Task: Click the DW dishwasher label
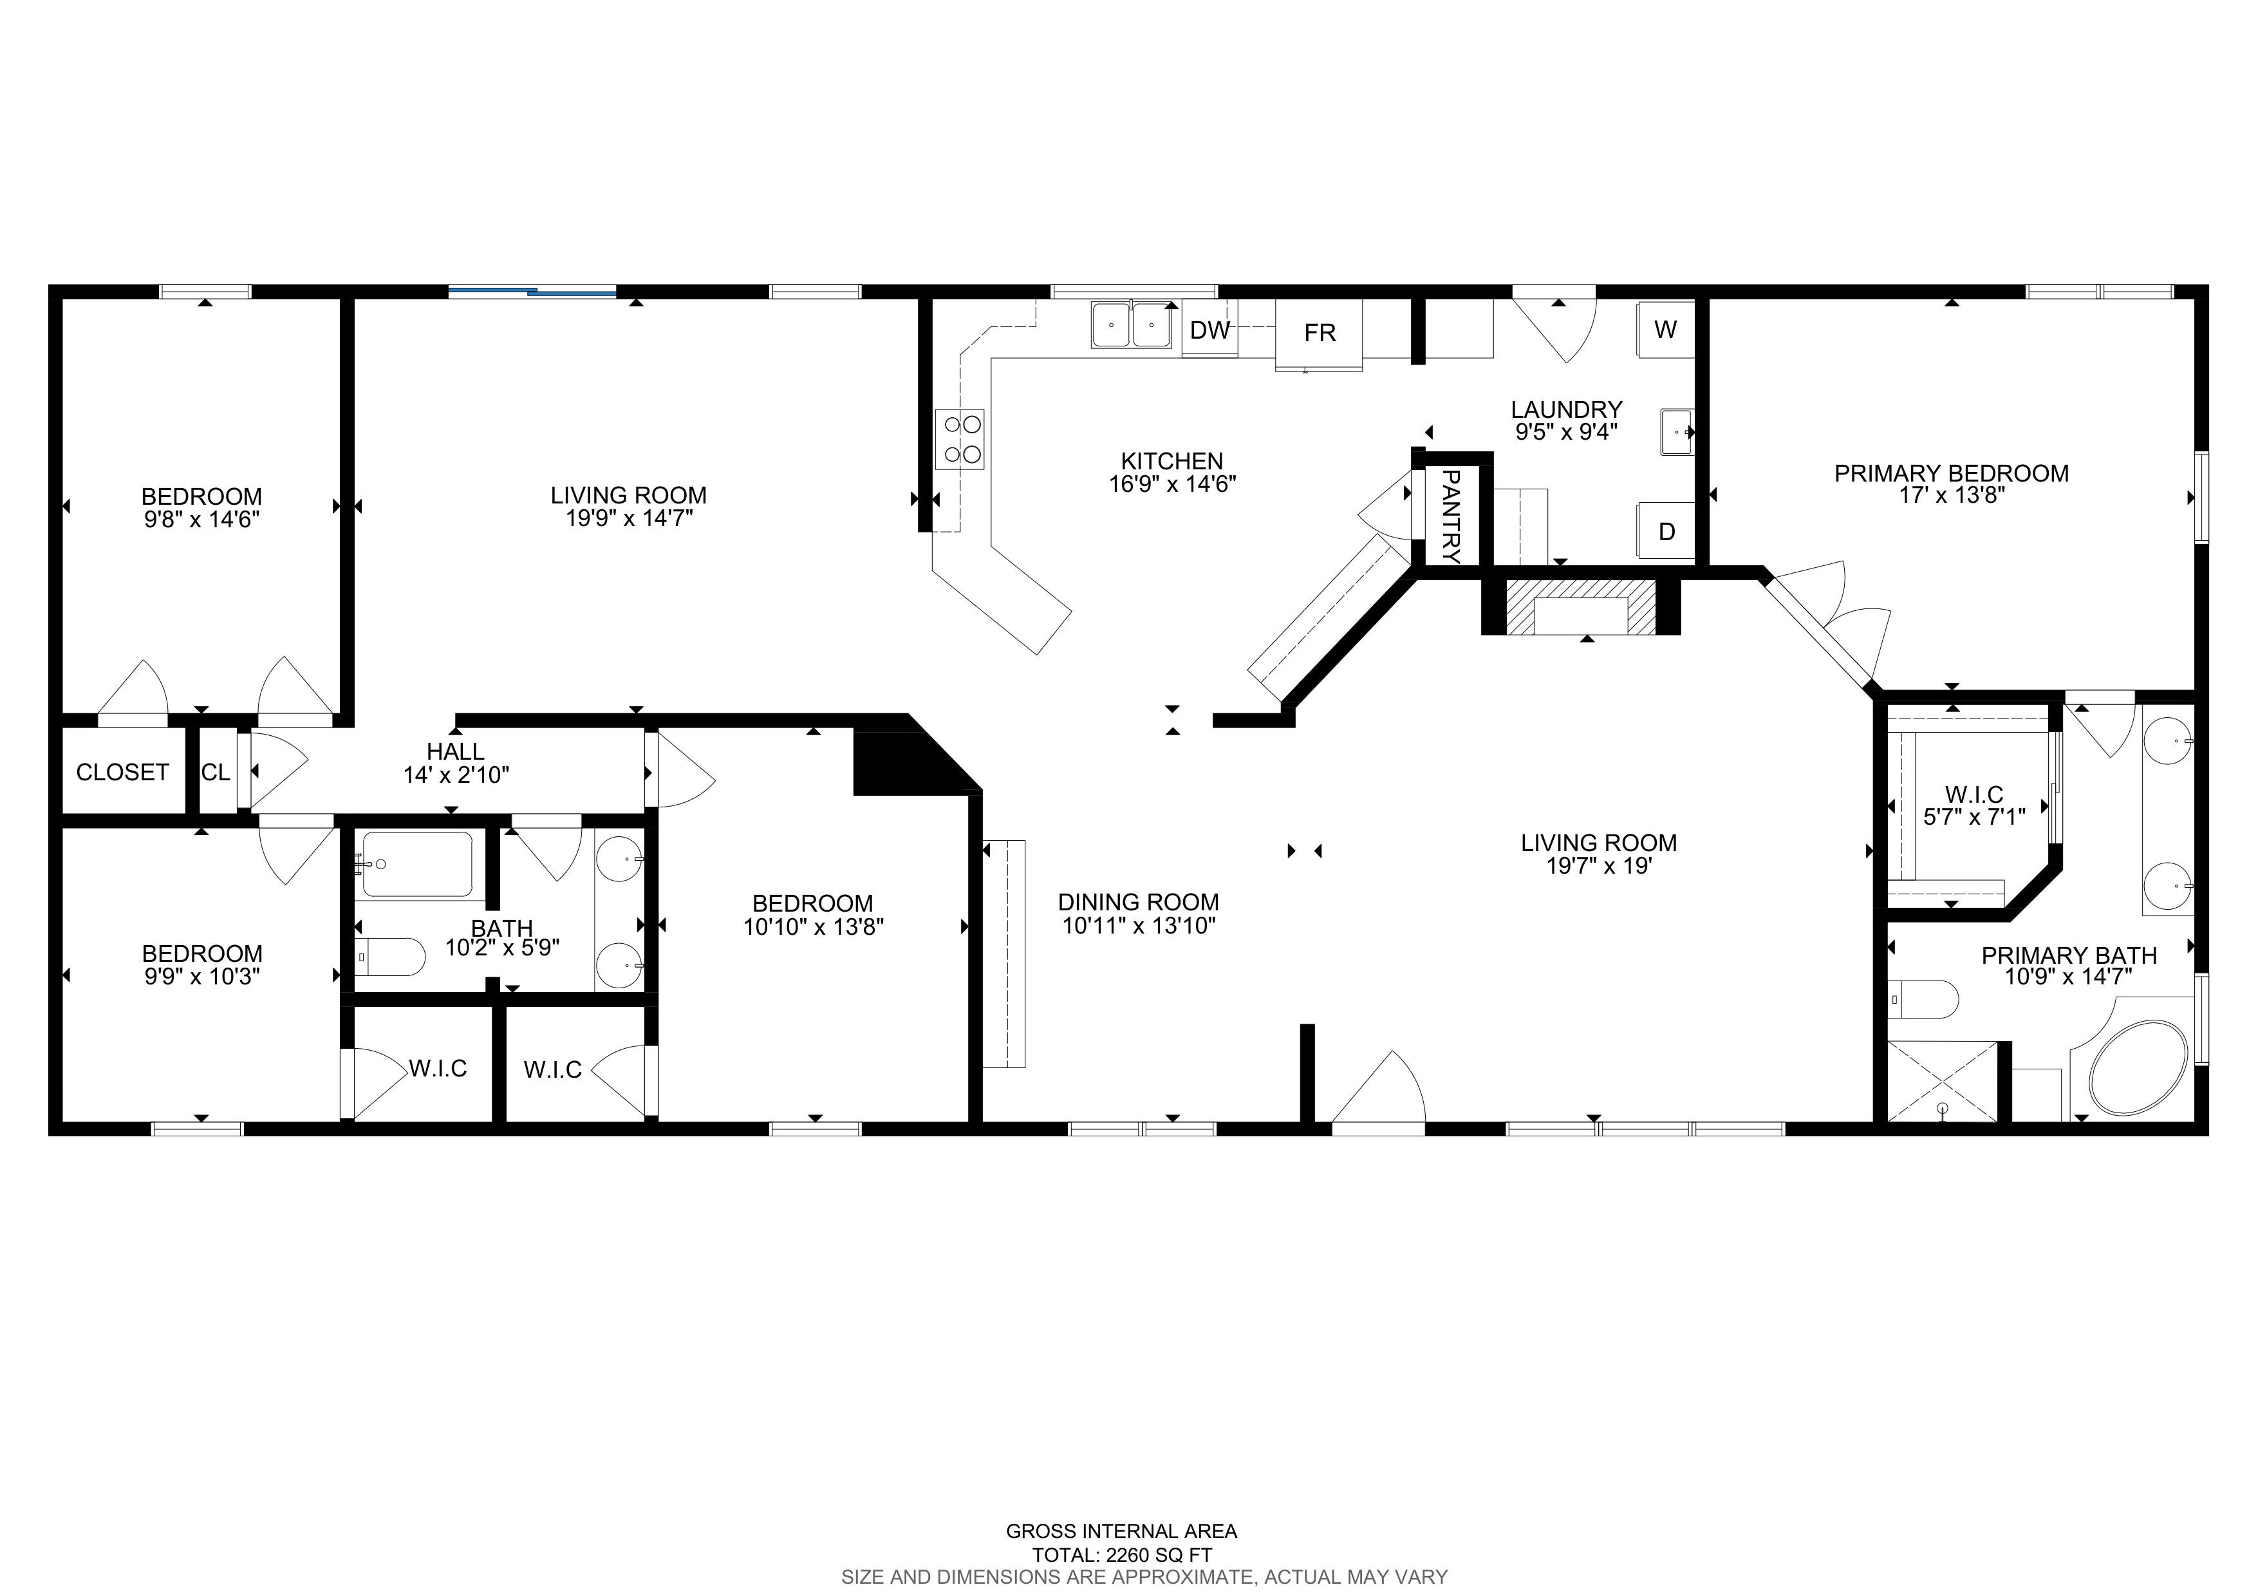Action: [1209, 330]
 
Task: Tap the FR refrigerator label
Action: [1320, 333]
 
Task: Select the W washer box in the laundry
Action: [1665, 330]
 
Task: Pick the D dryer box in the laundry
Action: [1666, 531]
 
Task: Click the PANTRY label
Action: [1451, 515]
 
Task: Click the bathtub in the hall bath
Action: [417, 865]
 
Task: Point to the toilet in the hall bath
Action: [389, 957]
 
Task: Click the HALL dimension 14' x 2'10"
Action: [456, 775]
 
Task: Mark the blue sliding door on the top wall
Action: [532, 291]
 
